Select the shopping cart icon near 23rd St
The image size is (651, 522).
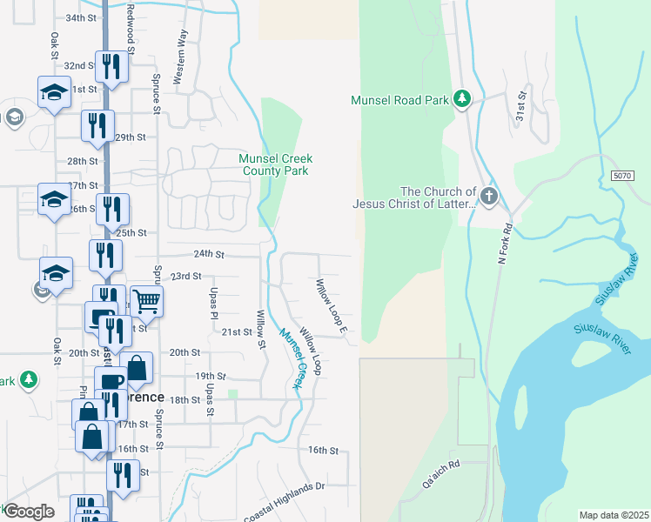[147, 302]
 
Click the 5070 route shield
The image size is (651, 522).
[621, 176]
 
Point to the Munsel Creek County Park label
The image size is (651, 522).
[275, 164]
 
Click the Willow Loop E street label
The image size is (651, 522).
[332, 305]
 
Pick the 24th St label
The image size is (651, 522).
[209, 254]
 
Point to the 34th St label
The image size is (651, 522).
[80, 17]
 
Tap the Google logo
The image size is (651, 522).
[28, 512]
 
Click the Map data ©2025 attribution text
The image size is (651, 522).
[614, 515]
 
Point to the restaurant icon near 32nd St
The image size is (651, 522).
[111, 68]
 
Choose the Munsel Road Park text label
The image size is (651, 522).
[400, 100]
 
